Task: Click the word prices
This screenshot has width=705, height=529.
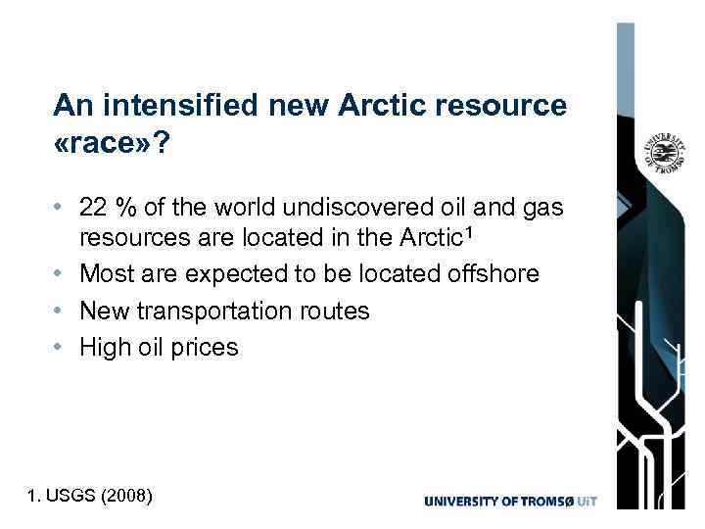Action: pos(204,347)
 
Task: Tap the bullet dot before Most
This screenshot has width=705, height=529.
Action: pos(62,274)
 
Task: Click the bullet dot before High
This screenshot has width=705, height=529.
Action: pos(62,348)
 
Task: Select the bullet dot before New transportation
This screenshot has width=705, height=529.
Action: pos(62,312)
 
